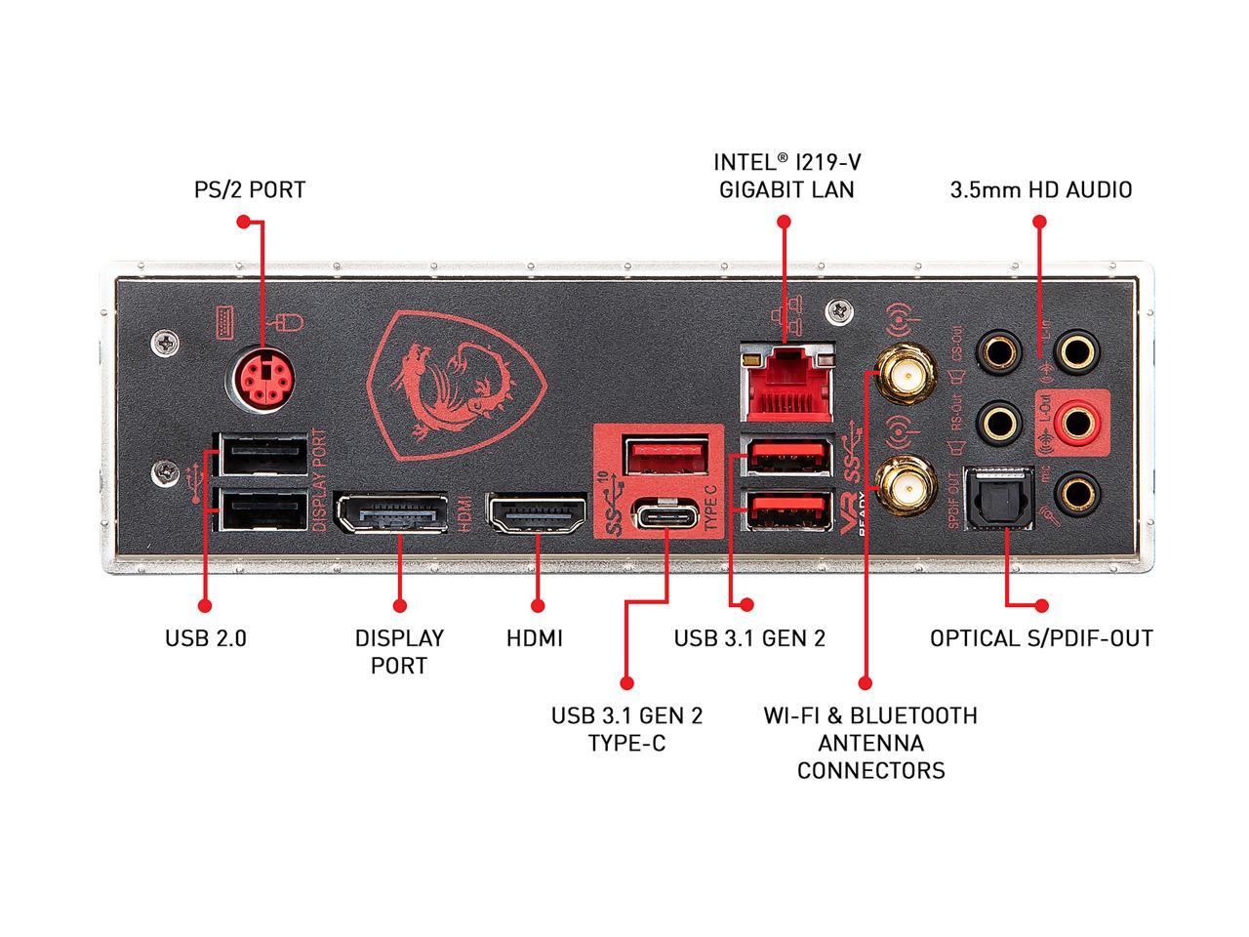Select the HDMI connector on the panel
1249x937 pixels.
[x=537, y=515]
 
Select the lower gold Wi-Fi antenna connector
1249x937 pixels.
[x=902, y=485]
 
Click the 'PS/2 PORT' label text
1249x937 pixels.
[x=250, y=189]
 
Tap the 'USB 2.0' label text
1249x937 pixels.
[x=206, y=638]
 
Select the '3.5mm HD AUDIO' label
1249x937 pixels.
[x=1041, y=189]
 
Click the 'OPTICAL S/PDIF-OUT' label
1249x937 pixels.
[x=1041, y=638]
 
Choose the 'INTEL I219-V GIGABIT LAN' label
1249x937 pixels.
[x=786, y=176]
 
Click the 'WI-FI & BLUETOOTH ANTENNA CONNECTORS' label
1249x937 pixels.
[x=870, y=743]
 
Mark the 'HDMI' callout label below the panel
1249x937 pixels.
[x=535, y=638]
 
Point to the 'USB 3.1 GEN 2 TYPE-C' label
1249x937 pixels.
[x=626, y=729]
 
